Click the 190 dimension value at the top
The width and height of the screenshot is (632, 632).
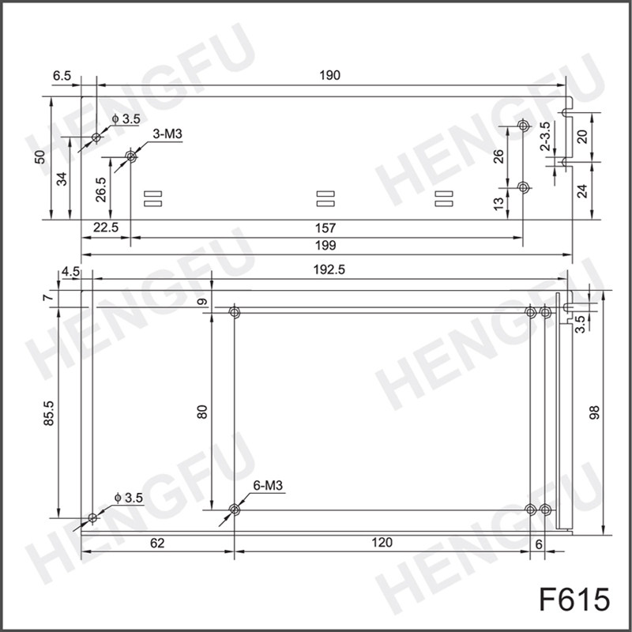(329, 75)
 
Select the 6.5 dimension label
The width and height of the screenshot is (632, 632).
(62, 75)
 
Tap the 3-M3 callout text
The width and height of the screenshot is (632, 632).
(167, 134)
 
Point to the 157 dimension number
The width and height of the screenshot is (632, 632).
(325, 228)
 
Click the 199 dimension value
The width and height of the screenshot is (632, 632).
(325, 245)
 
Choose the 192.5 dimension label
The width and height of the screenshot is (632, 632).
(329, 269)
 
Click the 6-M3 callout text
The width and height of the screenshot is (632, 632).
(268, 486)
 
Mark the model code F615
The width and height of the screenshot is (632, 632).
(574, 600)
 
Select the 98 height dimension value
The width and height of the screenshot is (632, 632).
(595, 412)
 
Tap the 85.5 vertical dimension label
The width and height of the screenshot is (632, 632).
(49, 413)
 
